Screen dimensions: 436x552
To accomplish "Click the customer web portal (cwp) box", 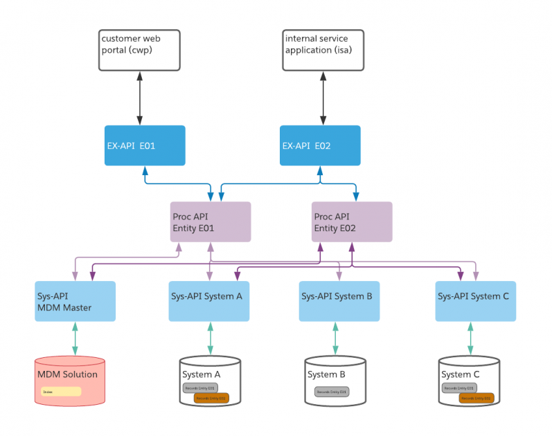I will pyautogui.click(x=139, y=50).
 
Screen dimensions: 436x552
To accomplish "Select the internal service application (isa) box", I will pyautogui.click(x=323, y=50).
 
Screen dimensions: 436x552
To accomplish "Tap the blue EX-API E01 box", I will pyautogui.click(x=145, y=145).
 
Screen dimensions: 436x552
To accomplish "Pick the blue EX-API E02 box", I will pyautogui.click(x=320, y=145).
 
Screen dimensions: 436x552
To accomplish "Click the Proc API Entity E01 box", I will pyautogui.click(x=211, y=221).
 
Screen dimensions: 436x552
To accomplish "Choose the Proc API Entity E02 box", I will pyautogui.click(x=352, y=221).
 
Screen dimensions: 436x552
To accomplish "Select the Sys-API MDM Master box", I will pyautogui.click(x=75, y=301).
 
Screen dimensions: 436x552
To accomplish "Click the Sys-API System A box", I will pyautogui.click(x=209, y=301).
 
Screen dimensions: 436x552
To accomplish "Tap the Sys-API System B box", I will pyautogui.click(x=339, y=301).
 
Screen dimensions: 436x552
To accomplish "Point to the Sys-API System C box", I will pyautogui.click(x=475, y=301).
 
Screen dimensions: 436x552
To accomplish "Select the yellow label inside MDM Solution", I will pyautogui.click(x=61, y=392).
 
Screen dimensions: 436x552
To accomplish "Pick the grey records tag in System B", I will pyautogui.click(x=332, y=392).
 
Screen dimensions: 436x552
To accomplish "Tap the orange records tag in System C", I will pyautogui.click(x=476, y=398).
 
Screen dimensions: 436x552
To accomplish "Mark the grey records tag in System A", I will pyautogui.click(x=200, y=388).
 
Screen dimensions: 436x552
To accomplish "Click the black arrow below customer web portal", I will pyautogui.click(x=139, y=98).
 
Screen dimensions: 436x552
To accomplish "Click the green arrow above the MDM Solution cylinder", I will pyautogui.click(x=75, y=339).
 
